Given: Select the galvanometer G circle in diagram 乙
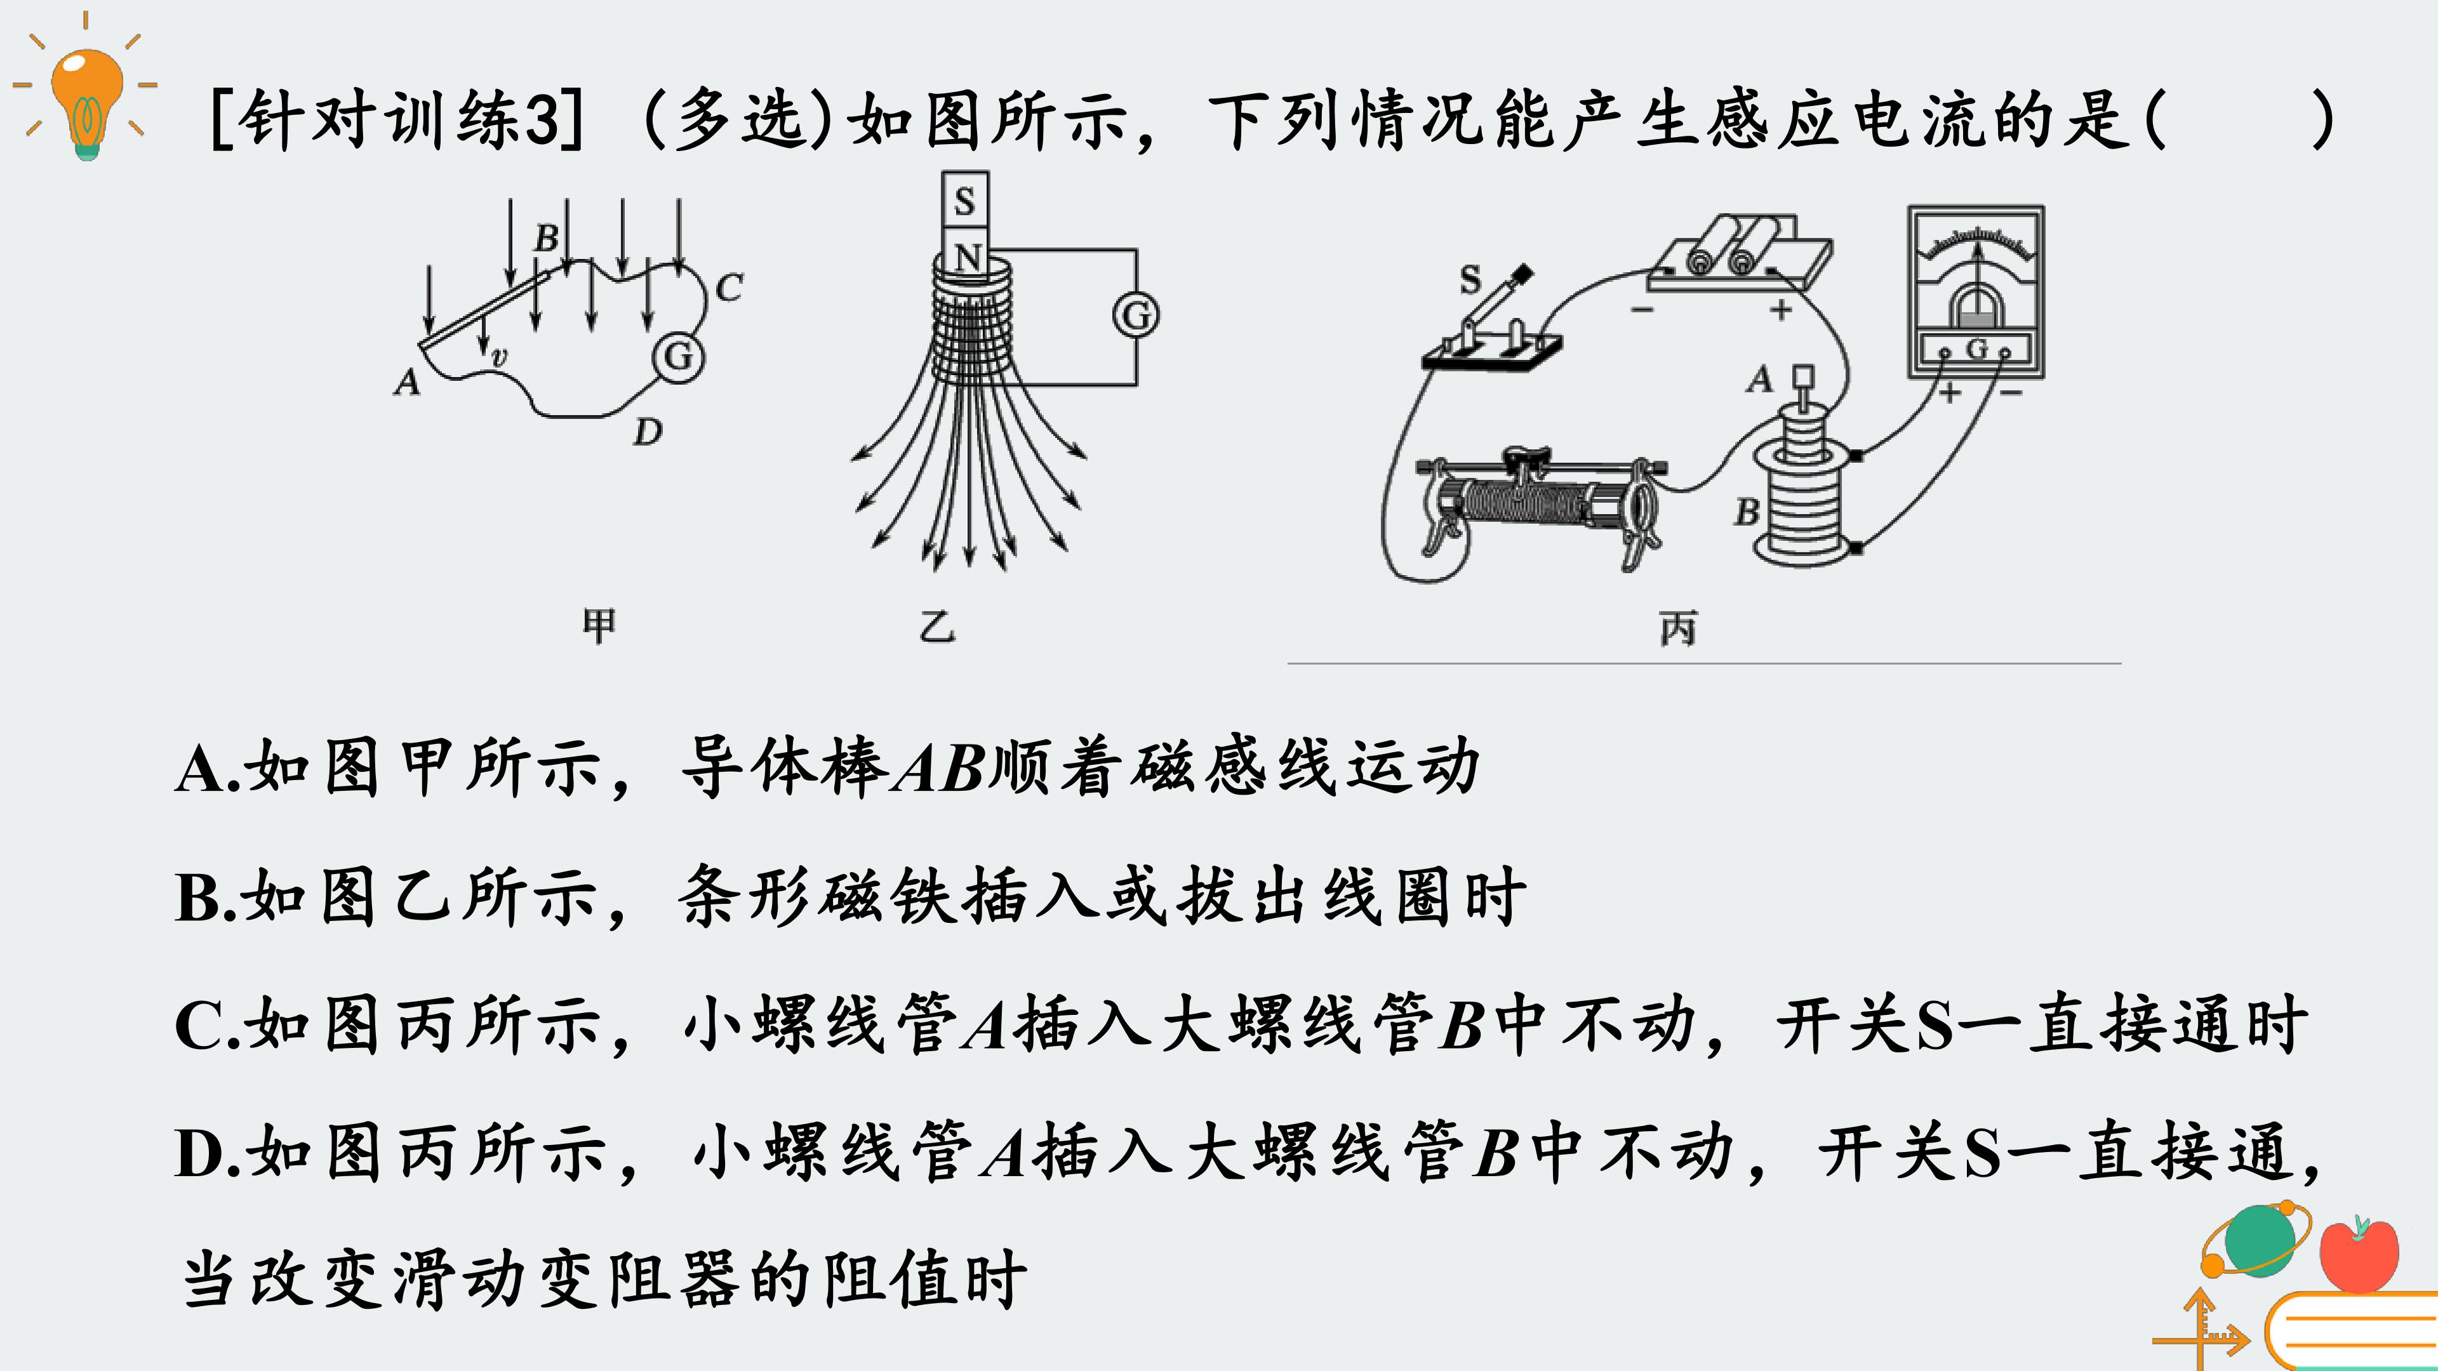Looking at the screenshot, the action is [x=1136, y=315].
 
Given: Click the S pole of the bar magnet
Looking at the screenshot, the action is [x=965, y=200].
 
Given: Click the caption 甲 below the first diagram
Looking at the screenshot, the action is [x=598, y=625].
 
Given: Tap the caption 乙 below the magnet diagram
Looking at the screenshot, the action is [x=937, y=626].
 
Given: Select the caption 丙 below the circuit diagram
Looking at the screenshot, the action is [x=1678, y=628].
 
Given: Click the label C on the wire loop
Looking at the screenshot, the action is [x=729, y=287].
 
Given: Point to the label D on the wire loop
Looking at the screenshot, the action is [x=648, y=432].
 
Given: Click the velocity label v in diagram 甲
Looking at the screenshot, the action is [x=500, y=357].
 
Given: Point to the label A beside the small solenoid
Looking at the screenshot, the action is [x=1759, y=380].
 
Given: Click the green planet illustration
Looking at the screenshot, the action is [x=2257, y=1240].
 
